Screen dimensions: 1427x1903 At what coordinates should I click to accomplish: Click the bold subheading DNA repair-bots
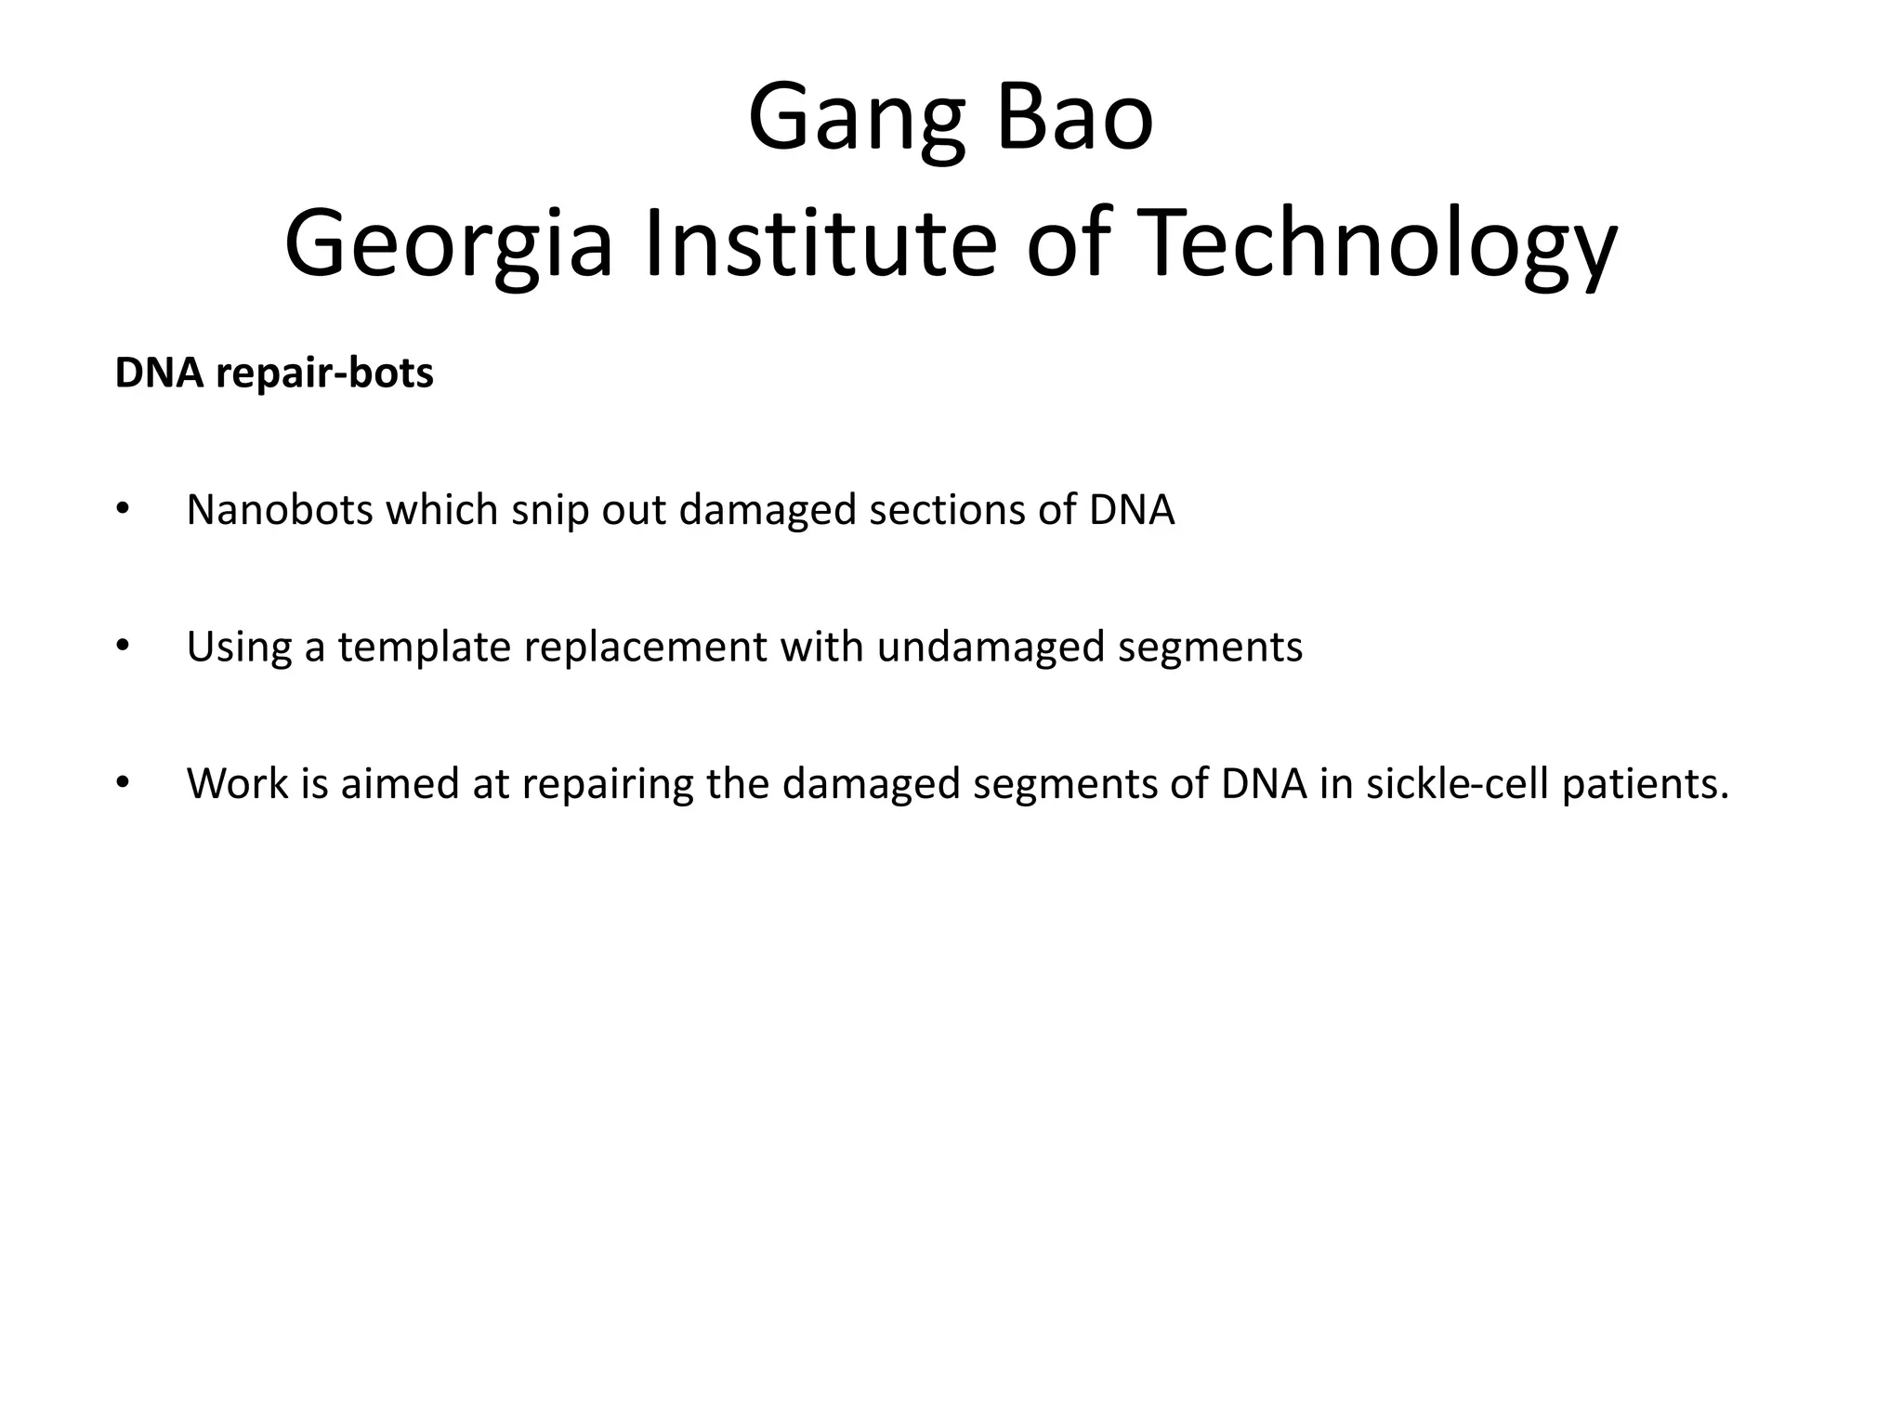coord(274,373)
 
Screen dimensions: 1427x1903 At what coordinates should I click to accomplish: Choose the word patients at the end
coord(1645,784)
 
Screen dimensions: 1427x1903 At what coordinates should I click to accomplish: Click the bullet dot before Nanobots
coord(122,510)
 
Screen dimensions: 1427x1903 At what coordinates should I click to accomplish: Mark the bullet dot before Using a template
coord(122,648)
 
